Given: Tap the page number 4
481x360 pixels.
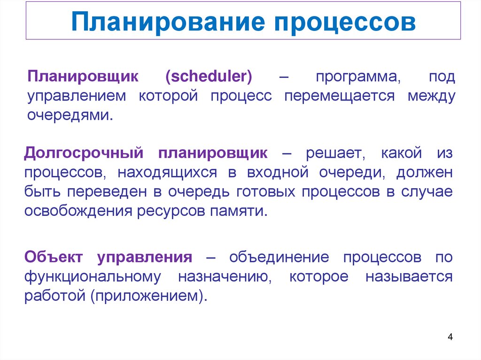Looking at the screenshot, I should click(450, 337).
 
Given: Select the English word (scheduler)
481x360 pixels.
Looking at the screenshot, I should click(209, 77).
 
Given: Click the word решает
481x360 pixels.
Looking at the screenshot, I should click(333, 153).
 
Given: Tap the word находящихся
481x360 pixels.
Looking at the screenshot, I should click(167, 173).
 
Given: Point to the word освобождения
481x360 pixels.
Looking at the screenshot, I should click(78, 211).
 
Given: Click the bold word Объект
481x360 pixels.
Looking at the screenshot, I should click(54, 257).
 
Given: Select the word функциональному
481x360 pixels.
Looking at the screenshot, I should click(93, 277).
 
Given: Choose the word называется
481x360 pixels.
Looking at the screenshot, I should click(409, 277).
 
